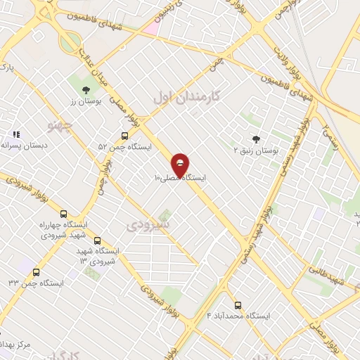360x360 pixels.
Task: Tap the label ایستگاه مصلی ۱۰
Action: (x=181, y=179)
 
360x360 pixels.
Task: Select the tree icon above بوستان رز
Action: (x=86, y=89)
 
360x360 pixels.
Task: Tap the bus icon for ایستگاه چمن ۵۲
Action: (x=124, y=136)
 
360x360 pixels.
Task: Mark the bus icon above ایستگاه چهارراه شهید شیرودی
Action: (x=64, y=214)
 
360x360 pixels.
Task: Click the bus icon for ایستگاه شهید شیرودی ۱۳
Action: (x=97, y=240)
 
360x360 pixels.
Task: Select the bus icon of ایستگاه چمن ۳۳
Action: (x=36, y=272)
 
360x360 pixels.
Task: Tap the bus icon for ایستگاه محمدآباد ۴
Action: (x=238, y=305)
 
